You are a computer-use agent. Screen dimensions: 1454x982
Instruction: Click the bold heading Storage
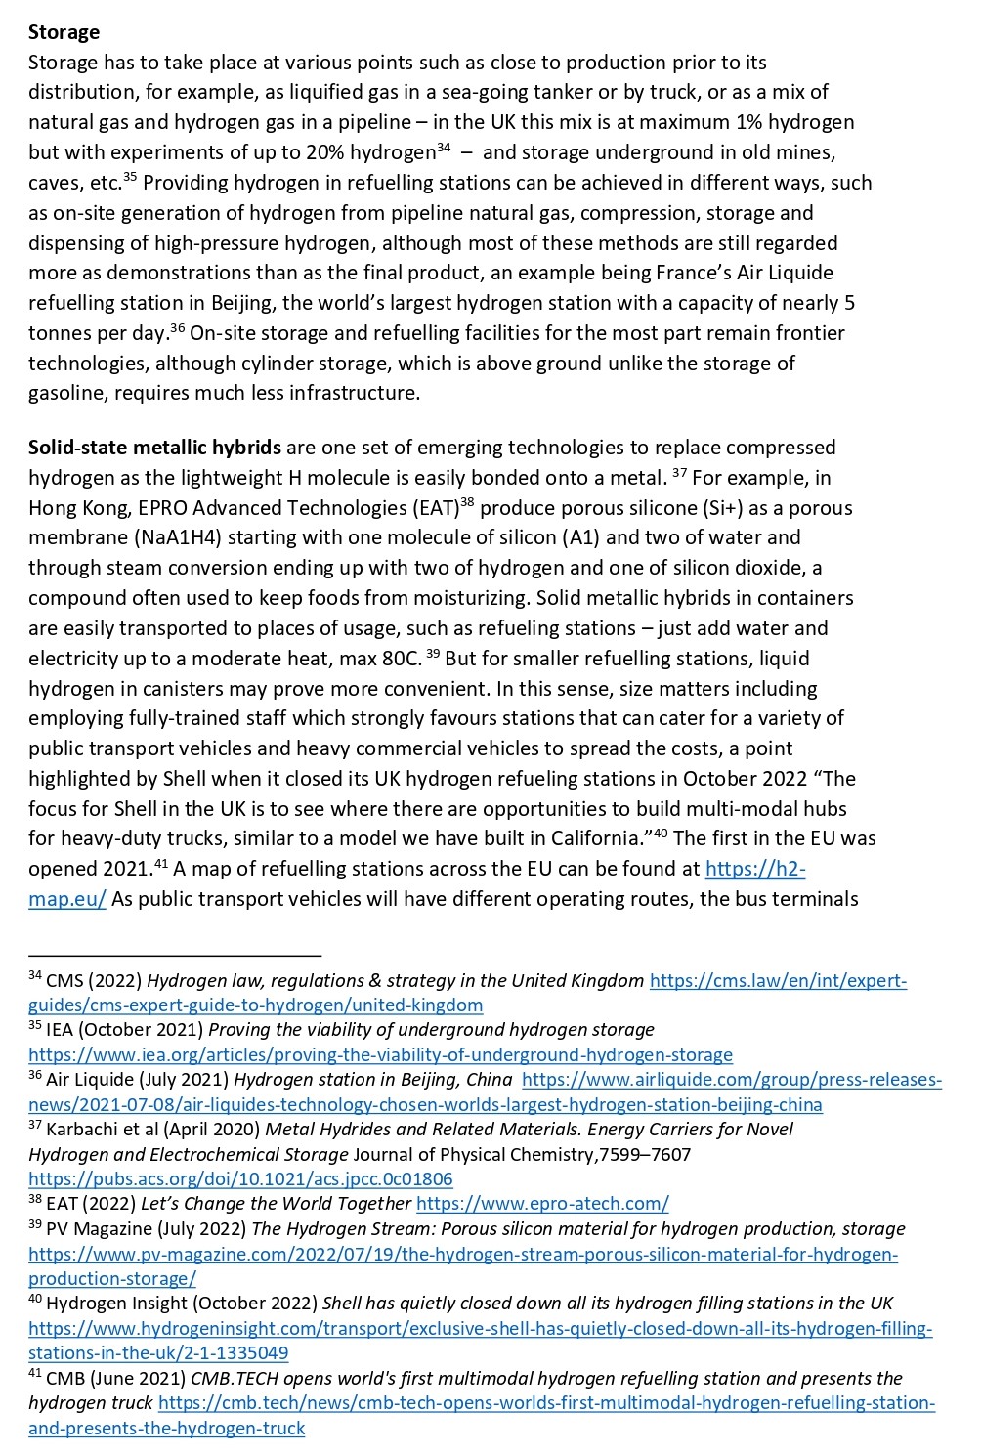(64, 32)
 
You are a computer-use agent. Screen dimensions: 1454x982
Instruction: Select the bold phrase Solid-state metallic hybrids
(154, 448)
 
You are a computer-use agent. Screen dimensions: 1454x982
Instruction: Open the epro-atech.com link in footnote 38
(542, 1204)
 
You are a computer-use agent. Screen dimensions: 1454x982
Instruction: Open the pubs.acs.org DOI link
(240, 1179)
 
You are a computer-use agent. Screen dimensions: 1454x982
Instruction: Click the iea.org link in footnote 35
(380, 1055)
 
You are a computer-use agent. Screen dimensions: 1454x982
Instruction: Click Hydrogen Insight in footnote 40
(104, 1304)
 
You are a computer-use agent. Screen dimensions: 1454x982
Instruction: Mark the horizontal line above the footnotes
(175, 955)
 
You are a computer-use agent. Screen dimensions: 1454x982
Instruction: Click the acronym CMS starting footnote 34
(64, 981)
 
